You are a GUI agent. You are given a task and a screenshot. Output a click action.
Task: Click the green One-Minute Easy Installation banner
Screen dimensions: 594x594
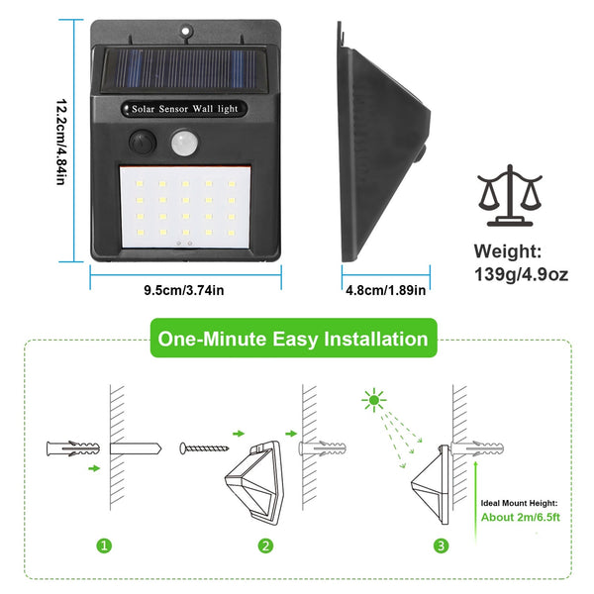pyautogui.click(x=292, y=340)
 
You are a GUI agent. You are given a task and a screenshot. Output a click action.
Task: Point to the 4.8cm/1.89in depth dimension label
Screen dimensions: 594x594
pyautogui.click(x=384, y=291)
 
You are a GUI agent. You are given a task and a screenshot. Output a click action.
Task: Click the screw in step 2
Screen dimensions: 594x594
pyautogui.click(x=202, y=448)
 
